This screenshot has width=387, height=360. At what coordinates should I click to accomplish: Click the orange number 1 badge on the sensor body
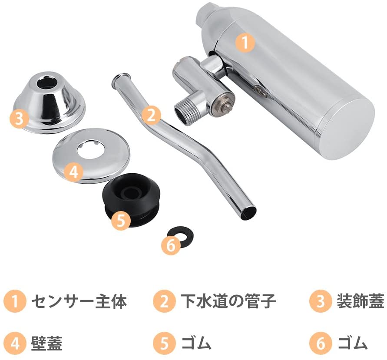pyautogui.click(x=245, y=43)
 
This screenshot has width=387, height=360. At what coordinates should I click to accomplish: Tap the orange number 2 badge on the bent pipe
pyautogui.click(x=151, y=115)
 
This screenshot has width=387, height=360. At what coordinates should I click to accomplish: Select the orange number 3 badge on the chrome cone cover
pyautogui.click(x=19, y=118)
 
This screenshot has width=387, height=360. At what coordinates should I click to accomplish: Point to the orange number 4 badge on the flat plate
pyautogui.click(x=73, y=172)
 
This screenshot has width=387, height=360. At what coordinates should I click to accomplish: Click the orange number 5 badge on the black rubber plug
pyautogui.click(x=121, y=220)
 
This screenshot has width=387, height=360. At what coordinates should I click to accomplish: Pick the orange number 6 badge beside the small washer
pyautogui.click(x=171, y=245)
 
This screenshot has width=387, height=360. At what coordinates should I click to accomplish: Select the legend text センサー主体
pyautogui.click(x=79, y=301)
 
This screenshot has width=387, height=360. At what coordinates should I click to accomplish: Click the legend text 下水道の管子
pyautogui.click(x=228, y=301)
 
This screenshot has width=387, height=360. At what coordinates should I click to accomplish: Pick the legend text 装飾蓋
pyautogui.click(x=361, y=301)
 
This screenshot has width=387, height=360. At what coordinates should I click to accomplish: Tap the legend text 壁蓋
pyautogui.click(x=46, y=343)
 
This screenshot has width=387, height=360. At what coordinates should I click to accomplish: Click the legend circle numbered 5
pyautogui.click(x=164, y=343)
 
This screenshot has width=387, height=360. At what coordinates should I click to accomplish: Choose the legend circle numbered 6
pyautogui.click(x=320, y=343)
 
